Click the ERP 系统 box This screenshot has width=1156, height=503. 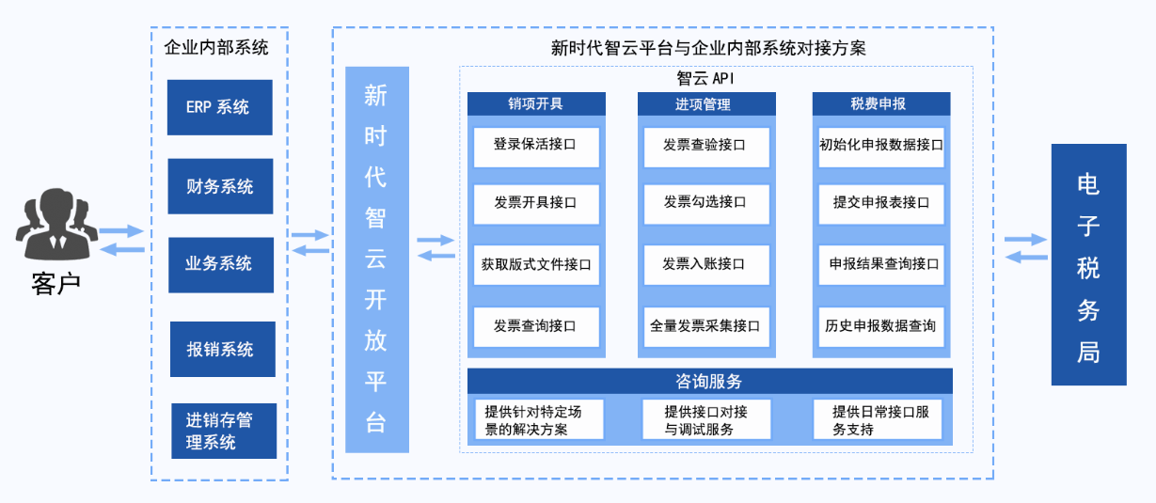click(x=220, y=107)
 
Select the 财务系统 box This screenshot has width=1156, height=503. click(x=220, y=186)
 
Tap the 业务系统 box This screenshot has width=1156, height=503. click(x=221, y=264)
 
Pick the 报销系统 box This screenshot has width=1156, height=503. click(x=222, y=349)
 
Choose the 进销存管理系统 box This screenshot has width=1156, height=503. click(x=224, y=431)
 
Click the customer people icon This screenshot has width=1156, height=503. click(x=56, y=225)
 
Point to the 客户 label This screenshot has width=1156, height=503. click(x=55, y=284)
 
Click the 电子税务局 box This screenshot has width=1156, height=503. click(x=1089, y=264)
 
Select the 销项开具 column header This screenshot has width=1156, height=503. click(x=536, y=103)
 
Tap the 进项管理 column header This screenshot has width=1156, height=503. click(x=706, y=103)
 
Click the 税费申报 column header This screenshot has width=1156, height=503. click(x=881, y=103)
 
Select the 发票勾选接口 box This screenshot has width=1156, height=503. click(x=706, y=204)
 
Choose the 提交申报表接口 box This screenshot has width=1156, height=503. click(x=881, y=204)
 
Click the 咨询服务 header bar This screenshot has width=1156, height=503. click(x=710, y=381)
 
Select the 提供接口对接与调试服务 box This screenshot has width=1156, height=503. click(x=706, y=419)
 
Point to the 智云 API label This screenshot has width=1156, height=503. click(x=705, y=78)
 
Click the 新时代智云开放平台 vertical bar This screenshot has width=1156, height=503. click(x=377, y=259)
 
